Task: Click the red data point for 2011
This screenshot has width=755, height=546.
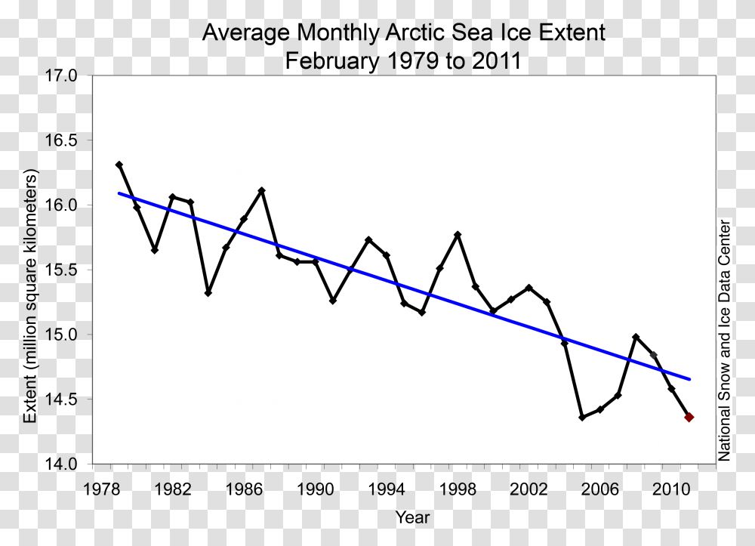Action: tap(689, 417)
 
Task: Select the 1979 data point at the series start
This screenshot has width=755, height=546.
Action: tap(119, 165)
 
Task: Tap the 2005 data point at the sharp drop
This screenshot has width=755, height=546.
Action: tap(582, 417)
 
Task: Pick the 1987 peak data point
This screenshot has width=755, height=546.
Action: tap(262, 190)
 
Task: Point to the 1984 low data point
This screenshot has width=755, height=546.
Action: tap(208, 292)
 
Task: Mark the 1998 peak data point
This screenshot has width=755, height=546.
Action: tap(458, 235)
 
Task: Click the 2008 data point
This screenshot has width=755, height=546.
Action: tap(636, 337)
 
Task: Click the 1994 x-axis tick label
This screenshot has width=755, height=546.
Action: tap(387, 489)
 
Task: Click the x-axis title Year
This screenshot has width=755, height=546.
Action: tap(412, 517)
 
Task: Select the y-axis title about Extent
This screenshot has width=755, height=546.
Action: tap(31, 296)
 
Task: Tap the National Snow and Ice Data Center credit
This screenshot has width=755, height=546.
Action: tap(725, 340)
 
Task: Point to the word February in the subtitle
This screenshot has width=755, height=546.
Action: tap(331, 60)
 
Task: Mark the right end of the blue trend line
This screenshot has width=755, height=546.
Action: tap(689, 379)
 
